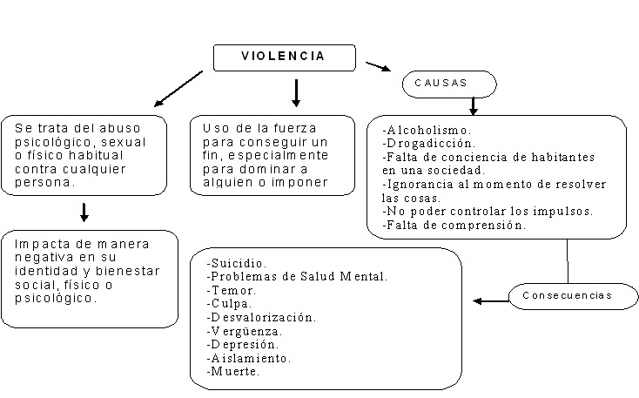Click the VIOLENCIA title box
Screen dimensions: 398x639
284,57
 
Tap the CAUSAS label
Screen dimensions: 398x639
448,83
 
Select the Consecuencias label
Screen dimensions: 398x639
567,295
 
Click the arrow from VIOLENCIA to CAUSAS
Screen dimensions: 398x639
377,67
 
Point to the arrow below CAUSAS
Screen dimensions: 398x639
473,105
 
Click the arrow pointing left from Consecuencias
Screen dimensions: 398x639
490,301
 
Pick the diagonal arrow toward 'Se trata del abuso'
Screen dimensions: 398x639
178,88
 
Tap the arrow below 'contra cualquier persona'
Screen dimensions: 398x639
84,211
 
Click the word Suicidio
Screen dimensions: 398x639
238,263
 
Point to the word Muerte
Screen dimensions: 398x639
233,371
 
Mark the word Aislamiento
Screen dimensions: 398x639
249,358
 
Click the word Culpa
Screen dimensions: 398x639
231,303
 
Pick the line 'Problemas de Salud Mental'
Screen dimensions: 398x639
297,277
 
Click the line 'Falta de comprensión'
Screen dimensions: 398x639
454,225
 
